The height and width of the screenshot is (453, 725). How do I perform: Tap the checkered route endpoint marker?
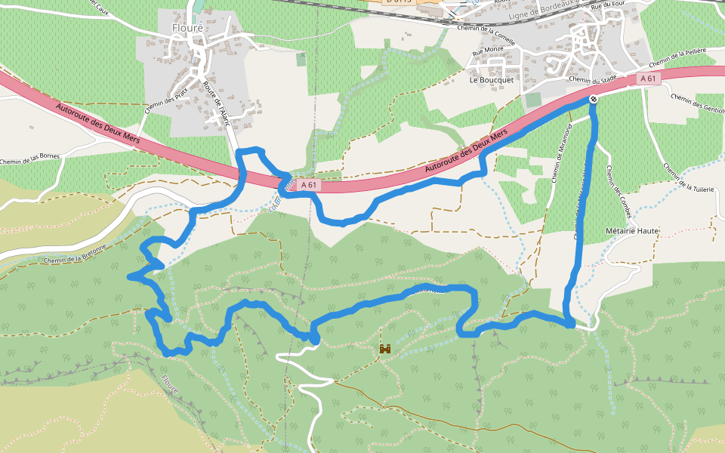(594, 99)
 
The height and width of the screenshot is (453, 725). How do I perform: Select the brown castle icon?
(385, 349)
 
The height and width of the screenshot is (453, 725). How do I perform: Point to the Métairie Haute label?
(633, 230)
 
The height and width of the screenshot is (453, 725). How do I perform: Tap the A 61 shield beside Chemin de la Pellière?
(649, 79)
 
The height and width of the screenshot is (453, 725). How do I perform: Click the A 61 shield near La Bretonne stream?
(307, 184)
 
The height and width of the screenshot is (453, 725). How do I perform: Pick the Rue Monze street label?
(487, 52)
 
